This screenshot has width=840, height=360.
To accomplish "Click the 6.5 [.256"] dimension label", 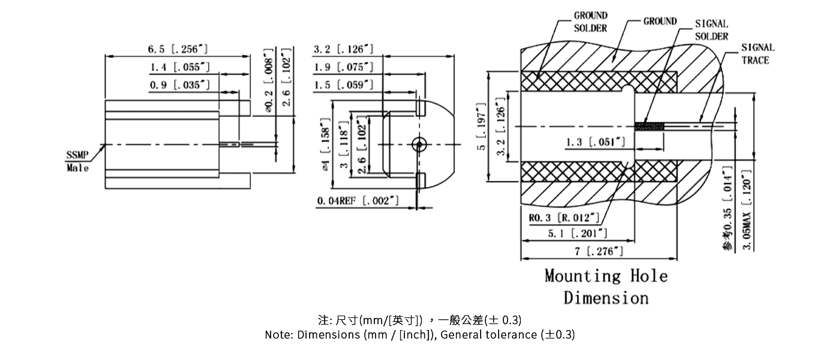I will [x=178, y=49].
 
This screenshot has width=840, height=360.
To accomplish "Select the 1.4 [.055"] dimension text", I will [x=179, y=67].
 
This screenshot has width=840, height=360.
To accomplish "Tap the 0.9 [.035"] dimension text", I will [x=179, y=85].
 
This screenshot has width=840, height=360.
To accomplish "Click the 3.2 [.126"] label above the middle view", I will [x=344, y=49].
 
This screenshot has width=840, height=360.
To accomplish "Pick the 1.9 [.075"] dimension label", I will [x=344, y=67].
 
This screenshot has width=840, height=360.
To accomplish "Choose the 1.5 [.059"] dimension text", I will [x=344, y=85].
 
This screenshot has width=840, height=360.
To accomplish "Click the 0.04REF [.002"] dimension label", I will [x=358, y=201].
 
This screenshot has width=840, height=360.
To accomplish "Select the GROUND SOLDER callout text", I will [x=590, y=22].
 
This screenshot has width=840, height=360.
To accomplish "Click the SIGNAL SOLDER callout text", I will [x=712, y=30].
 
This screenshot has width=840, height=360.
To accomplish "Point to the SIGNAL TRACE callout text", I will [x=757, y=53].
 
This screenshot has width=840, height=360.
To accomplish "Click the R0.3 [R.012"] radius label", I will [x=564, y=217].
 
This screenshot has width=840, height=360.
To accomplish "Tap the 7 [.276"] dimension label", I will [x=599, y=252].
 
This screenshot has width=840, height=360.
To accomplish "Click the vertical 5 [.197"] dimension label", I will [x=481, y=127].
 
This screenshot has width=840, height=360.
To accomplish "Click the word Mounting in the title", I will [x=583, y=276].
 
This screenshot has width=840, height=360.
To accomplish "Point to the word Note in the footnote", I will [x=278, y=335].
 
